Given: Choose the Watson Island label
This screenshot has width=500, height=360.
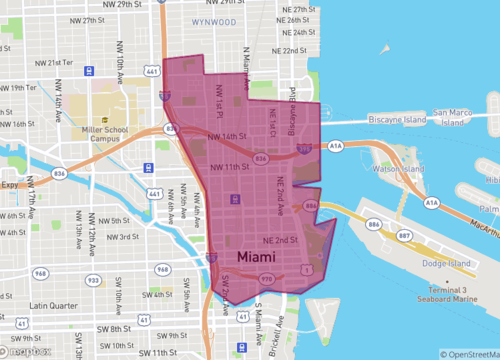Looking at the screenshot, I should point(398,170).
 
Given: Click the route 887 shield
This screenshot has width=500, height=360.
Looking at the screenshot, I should point(404,236).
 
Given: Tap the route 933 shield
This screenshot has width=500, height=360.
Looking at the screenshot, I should point(93,280).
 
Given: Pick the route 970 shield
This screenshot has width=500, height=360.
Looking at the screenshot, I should point(266,279).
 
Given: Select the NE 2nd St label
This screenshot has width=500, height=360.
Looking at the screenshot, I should point(281,241).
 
